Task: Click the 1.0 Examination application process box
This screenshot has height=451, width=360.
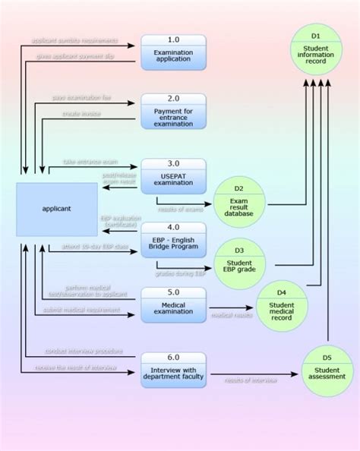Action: [172, 52]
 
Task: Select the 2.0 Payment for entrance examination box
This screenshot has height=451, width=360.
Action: [172, 111]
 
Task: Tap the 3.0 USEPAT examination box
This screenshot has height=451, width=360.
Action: [172, 176]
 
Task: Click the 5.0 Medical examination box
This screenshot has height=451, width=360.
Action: [172, 304]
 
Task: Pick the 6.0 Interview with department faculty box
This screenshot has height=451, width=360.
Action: [172, 369]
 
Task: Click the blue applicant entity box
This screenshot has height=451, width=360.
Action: [57, 208]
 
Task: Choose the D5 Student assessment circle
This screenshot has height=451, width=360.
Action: [327, 371]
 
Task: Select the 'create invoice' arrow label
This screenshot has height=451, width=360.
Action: [81, 114]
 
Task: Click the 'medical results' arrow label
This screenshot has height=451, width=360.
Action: [232, 315]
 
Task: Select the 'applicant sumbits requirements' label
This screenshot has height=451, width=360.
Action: [76, 39]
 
